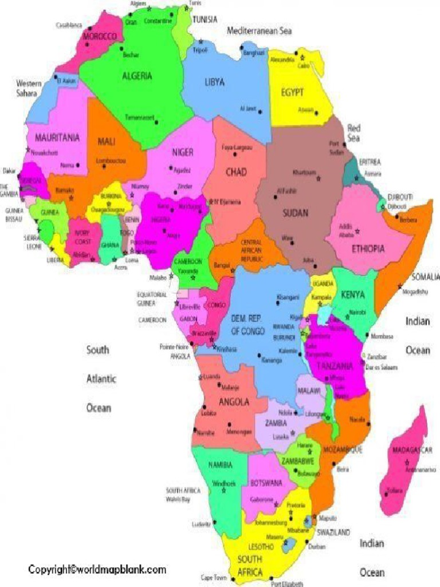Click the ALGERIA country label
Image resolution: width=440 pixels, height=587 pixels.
[137, 76]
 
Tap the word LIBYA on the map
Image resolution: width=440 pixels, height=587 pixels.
[214, 82]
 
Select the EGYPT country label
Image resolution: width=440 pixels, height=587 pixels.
[292, 92]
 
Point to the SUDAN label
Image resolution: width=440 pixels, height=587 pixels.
[295, 213]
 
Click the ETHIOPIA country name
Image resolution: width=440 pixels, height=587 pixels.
[367, 249]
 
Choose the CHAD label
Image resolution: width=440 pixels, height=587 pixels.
[235, 171]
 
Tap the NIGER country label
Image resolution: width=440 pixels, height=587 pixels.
[183, 152]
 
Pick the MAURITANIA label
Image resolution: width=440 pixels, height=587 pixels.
[57, 138]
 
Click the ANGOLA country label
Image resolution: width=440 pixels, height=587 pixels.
[234, 402]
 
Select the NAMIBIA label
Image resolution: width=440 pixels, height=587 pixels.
[220, 464]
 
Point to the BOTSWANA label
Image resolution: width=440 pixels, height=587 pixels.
[266, 483]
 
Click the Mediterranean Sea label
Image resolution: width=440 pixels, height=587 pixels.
[259, 31]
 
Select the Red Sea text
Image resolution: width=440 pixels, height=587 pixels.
[353, 133]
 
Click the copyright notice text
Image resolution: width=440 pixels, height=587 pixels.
[97, 569]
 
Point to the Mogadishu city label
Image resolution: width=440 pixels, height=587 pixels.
[415, 291]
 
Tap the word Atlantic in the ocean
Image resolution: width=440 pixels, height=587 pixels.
[101, 378]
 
